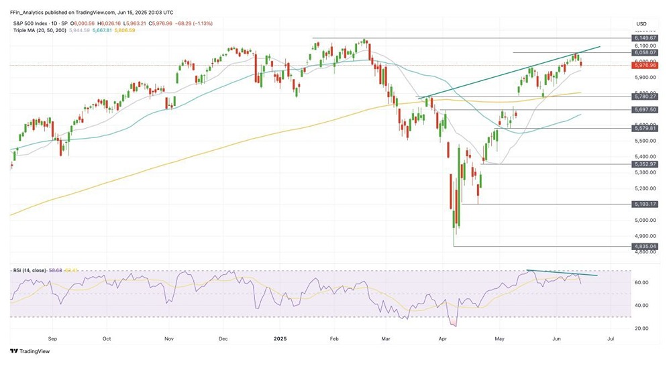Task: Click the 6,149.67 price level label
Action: pyautogui.click(x=645, y=38)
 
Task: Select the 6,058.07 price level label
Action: pyautogui.click(x=645, y=52)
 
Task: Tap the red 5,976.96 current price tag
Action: pyautogui.click(x=645, y=66)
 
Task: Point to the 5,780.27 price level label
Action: pyautogui.click(x=645, y=97)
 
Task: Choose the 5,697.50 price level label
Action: pyautogui.click(x=645, y=109)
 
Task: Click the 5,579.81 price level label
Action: pyautogui.click(x=645, y=128)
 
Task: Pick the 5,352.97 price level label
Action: pyautogui.click(x=645, y=164)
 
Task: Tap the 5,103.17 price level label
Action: pyautogui.click(x=645, y=204)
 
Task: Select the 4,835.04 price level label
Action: pyautogui.click(x=645, y=246)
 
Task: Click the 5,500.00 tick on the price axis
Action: pyautogui.click(x=642, y=141)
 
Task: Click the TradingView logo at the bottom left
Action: pyautogui.click(x=30, y=351)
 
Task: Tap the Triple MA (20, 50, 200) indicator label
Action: pyautogui.click(x=40, y=31)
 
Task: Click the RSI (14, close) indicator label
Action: pyautogui.click(x=30, y=270)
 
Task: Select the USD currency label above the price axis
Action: pyautogui.click(x=642, y=23)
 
